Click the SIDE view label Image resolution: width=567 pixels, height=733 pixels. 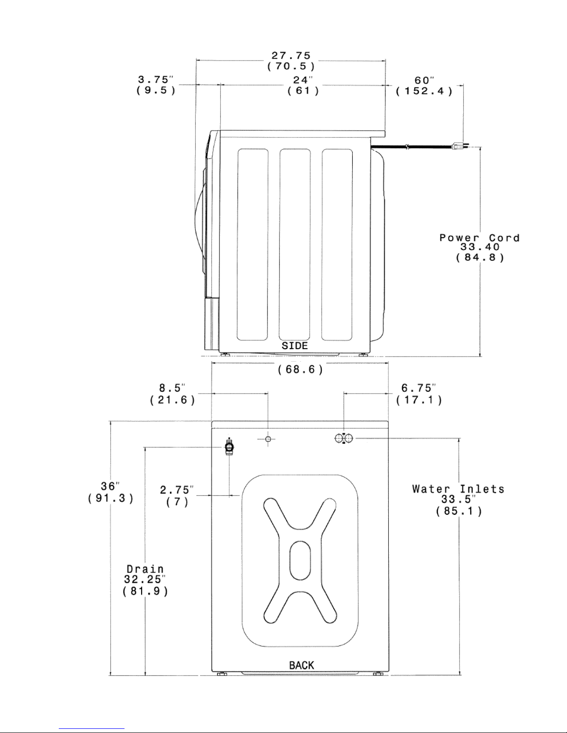click(x=295, y=346)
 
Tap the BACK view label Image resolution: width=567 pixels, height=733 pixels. click(x=301, y=665)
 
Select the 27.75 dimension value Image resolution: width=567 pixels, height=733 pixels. click(x=291, y=55)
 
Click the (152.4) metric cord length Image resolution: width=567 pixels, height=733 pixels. click(x=424, y=91)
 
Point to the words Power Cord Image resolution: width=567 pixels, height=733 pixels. click(x=479, y=238)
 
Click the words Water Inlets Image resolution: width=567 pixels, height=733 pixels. click(x=458, y=489)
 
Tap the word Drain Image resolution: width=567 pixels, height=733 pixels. click(x=145, y=569)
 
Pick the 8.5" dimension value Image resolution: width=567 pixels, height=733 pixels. click(x=173, y=388)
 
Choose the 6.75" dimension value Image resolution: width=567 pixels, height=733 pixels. click(x=418, y=388)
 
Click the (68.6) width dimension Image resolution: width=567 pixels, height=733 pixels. click(x=300, y=370)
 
